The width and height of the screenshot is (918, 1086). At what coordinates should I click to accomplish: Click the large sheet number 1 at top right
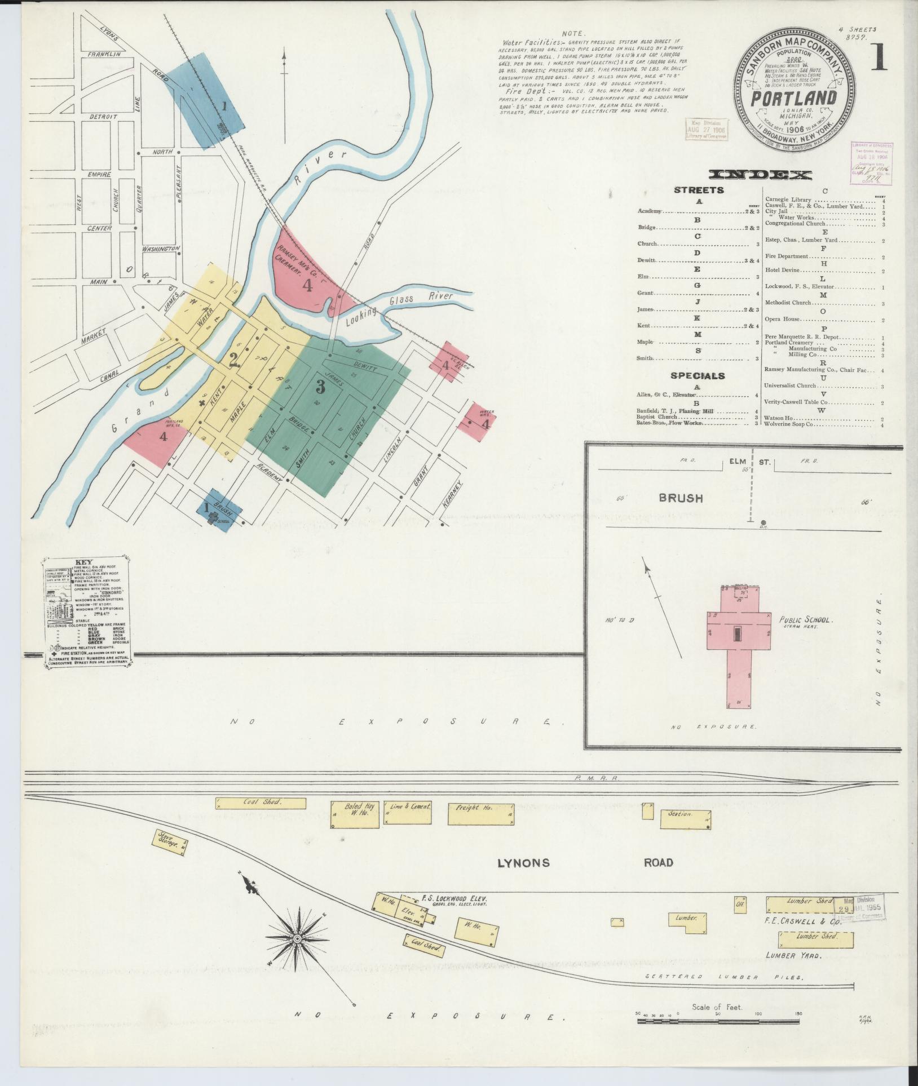pyautogui.click(x=878, y=58)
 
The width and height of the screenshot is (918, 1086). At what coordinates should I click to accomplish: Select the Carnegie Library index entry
pyautogui.click(x=788, y=200)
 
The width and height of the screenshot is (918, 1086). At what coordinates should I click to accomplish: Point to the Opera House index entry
pyautogui.click(x=783, y=319)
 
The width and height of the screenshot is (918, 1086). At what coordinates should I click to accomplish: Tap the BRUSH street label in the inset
pyautogui.click(x=681, y=498)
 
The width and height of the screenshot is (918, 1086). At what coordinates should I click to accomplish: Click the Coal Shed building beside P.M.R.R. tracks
pyautogui.click(x=262, y=803)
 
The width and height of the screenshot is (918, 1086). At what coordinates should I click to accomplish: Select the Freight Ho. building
pyautogui.click(x=480, y=814)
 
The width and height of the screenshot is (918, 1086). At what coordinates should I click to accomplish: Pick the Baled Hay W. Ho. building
pyautogui.click(x=355, y=814)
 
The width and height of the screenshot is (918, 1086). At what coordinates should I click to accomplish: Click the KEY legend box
pyautogui.click(x=87, y=613)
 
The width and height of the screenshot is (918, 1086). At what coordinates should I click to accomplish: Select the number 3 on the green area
pyautogui.click(x=320, y=387)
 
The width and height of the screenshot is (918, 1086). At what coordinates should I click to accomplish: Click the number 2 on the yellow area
pyautogui.click(x=234, y=360)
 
